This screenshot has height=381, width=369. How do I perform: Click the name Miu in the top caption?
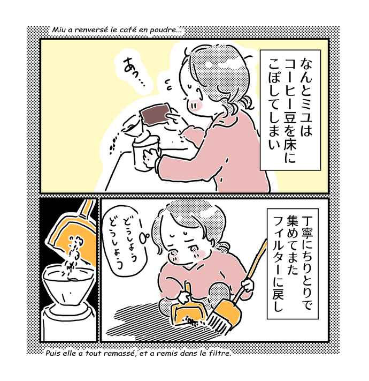pyautogui.click(x=58, y=30)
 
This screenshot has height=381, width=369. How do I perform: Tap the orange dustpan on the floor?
pyautogui.click(x=185, y=313)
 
